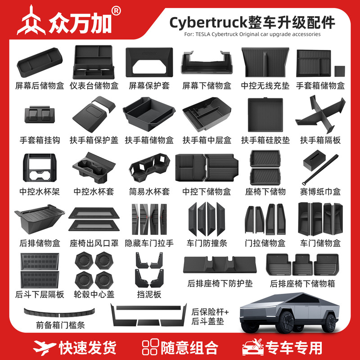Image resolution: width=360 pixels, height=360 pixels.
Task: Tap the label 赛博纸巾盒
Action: (x=320, y=191)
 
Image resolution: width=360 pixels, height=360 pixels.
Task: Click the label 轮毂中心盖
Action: (x=93, y=295)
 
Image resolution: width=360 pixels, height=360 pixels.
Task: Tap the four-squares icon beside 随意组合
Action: (x=150, y=347)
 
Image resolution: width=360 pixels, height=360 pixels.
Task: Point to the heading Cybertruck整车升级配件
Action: (x=252, y=22)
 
